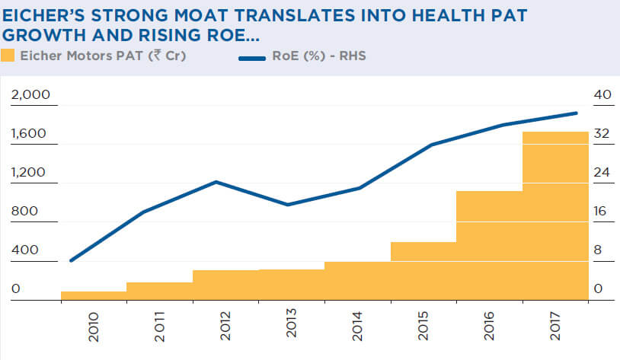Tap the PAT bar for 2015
[423, 271]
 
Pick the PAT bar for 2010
[93, 296]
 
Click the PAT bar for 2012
[225, 285]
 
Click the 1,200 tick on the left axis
[30, 173]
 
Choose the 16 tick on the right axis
[601, 212]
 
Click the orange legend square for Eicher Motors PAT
[8, 55]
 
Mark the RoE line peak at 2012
[216, 181]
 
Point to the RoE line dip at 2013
[287, 205]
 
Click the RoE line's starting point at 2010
[71, 261]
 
